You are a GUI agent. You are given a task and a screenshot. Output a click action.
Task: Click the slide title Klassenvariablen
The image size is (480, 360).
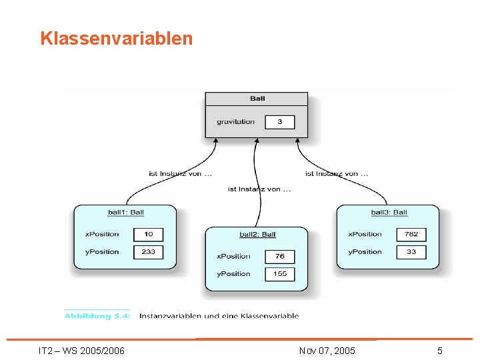point(116,39)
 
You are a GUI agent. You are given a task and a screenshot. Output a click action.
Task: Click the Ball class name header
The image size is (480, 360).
point(257,99)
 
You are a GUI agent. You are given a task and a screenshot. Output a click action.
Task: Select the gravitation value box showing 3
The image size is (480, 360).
point(280,122)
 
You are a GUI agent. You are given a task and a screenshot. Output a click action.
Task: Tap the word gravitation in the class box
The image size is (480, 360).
point(235,122)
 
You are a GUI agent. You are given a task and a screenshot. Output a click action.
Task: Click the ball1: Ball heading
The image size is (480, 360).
point(126,213)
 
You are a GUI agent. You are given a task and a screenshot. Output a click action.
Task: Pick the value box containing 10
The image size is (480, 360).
point(148,234)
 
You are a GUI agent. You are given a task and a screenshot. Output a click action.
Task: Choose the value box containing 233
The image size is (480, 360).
point(148,252)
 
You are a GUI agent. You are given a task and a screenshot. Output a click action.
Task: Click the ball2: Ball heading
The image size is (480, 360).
point(257,235)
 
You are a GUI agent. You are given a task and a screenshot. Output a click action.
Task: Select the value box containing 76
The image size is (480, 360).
point(280,256)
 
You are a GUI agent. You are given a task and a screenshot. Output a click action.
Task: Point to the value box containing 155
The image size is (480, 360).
point(280,274)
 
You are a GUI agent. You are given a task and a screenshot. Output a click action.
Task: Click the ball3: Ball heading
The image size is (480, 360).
point(389,213)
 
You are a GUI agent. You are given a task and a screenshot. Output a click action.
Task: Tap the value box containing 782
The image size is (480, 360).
point(411,234)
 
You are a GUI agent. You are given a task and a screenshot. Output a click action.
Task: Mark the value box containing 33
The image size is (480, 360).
point(411,252)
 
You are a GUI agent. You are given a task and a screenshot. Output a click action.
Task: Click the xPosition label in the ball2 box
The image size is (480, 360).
point(233,256)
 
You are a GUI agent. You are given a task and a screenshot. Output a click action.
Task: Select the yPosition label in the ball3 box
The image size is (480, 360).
point(365,252)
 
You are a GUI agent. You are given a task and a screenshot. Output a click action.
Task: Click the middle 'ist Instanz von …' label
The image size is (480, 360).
point(259,189)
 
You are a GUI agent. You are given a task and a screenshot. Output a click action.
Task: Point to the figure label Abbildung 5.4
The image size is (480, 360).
point(97,316)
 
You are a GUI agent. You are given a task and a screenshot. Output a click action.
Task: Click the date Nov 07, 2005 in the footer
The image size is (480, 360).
point(327,351)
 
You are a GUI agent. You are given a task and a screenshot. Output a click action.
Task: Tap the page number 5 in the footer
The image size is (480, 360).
point(440,351)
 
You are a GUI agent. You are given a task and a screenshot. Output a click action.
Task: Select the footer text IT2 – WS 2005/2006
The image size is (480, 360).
point(81,351)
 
